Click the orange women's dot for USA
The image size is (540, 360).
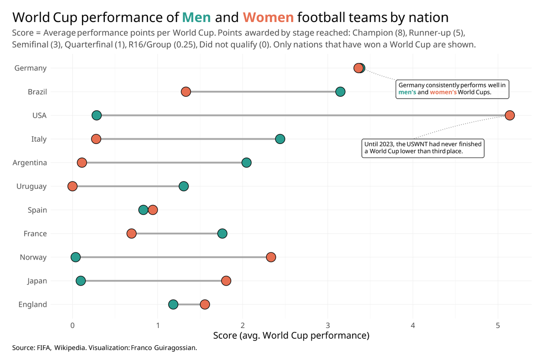pyautogui.click(x=509, y=115)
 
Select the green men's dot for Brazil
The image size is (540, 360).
pyautogui.click(x=340, y=92)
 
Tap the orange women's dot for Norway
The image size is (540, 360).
pyautogui.click(x=270, y=257)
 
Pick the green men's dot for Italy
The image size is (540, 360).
pyautogui.click(x=280, y=139)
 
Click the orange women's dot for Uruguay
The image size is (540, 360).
pyautogui.click(x=72, y=186)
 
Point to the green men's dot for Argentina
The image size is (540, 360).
pyautogui.click(x=246, y=162)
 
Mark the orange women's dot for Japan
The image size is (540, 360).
pyautogui.click(x=226, y=281)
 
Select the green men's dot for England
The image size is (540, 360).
pyautogui.click(x=173, y=305)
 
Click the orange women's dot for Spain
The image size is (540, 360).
pyautogui.click(x=153, y=210)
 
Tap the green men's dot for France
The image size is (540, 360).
pyautogui.click(x=222, y=234)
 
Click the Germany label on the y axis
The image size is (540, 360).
pyautogui.click(x=31, y=68)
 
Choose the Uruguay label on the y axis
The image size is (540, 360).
pyautogui.click(x=31, y=186)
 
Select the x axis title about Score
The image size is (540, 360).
pyautogui.click(x=291, y=336)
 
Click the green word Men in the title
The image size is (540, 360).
pyautogui.click(x=196, y=18)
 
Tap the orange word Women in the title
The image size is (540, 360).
pyautogui.click(x=268, y=18)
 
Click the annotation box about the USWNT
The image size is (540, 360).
pyautogui.click(x=423, y=148)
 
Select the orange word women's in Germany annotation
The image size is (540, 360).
pyautogui.click(x=443, y=93)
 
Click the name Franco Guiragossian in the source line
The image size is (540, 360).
pyautogui.click(x=164, y=348)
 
